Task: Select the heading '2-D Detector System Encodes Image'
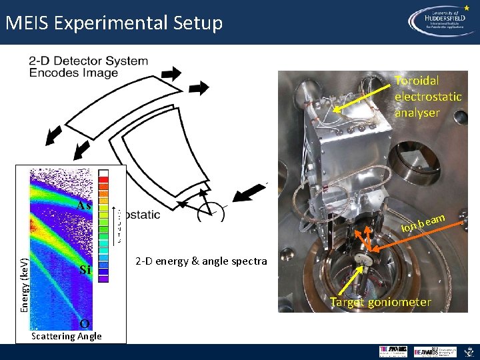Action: point(88,67)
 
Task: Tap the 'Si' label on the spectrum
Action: point(85,270)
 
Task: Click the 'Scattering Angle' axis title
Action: point(67,336)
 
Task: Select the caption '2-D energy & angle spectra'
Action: point(201,261)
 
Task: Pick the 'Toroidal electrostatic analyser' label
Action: point(427,97)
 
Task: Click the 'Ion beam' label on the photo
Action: point(423,223)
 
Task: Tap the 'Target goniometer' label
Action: point(381,302)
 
